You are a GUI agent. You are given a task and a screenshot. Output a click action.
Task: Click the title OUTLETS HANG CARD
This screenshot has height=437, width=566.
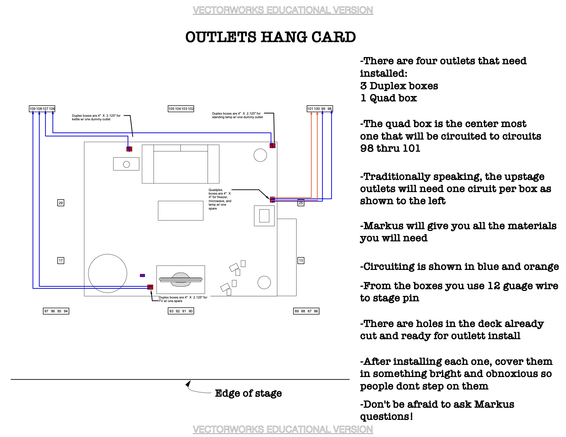[x=270, y=37]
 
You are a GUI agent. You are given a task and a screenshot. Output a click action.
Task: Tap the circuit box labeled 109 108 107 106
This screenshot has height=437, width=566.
[x=42, y=109]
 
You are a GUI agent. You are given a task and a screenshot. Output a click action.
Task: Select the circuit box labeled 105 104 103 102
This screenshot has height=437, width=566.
[x=181, y=109]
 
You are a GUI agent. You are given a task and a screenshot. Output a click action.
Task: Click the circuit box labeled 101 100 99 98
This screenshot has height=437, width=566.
[x=319, y=109]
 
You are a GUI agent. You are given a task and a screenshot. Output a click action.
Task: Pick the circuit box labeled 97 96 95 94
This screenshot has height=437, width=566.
[x=56, y=311]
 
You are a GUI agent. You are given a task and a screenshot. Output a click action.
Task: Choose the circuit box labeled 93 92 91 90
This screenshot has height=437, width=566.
[x=181, y=311]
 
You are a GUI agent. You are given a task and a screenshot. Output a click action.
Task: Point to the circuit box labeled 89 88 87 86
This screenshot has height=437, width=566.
[x=306, y=311]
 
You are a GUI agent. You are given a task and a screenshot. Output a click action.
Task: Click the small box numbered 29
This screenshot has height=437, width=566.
[x=61, y=203]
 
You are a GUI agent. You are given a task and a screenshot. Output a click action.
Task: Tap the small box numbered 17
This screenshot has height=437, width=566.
[x=61, y=261]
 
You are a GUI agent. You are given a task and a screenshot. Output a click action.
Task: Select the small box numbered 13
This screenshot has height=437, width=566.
[x=301, y=261]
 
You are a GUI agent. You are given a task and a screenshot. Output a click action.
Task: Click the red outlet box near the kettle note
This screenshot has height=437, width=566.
[x=129, y=149]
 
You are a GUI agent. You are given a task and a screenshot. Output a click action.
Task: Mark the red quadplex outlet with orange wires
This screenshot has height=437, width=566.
[x=272, y=199]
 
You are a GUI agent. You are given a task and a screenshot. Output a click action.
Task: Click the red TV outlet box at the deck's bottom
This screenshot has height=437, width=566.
[x=150, y=287]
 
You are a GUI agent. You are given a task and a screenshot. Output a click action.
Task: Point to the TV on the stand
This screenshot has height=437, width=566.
[x=181, y=280]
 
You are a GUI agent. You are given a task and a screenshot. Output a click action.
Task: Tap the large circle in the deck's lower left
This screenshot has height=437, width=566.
[x=108, y=273]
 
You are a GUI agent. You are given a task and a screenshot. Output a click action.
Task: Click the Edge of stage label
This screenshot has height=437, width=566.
[x=248, y=393]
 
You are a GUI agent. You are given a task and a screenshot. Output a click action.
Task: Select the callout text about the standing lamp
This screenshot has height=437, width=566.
[x=237, y=115]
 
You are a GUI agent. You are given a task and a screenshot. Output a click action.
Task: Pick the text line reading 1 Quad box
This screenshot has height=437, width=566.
[x=388, y=98]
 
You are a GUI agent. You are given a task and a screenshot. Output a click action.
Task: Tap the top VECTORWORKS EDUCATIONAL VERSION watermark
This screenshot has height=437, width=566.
[x=283, y=10]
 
